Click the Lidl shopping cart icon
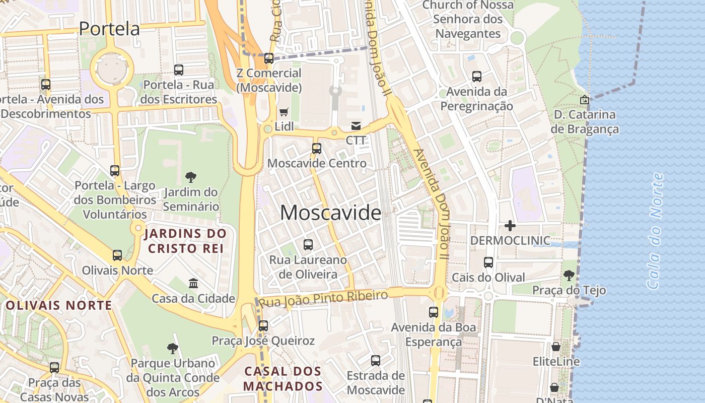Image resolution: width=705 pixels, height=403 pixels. (284, 112)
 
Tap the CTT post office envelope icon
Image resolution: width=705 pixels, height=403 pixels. (356, 125)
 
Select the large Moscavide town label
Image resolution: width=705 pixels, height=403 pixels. (330, 213)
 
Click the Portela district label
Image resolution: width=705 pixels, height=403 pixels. (109, 29)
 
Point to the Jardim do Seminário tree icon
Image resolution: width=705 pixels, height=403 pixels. (191, 177)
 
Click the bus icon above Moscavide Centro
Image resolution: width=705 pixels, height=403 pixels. (316, 149)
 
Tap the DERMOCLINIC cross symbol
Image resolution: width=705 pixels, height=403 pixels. (510, 226)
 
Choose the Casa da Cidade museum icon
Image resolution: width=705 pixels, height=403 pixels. (193, 283)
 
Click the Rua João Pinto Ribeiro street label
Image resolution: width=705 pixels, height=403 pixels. (323, 299)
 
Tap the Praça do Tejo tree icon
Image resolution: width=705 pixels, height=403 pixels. (569, 275)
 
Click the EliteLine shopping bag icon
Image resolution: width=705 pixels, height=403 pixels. (556, 347)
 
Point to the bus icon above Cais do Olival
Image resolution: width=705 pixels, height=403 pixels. (488, 262)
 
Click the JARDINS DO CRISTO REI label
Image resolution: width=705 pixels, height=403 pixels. (185, 241)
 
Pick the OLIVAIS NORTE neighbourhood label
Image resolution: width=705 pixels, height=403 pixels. (59, 305)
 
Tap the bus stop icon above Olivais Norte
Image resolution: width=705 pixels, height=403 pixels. (117, 255)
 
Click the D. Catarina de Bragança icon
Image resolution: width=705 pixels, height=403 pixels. (584, 100)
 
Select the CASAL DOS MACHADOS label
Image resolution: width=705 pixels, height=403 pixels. (283, 379)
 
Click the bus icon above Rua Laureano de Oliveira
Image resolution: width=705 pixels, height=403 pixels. (308, 245)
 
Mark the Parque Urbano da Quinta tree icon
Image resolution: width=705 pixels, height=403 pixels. (173, 348)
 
